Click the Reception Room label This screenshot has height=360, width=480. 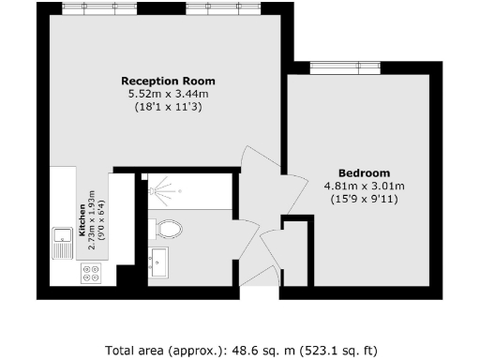point(164,81)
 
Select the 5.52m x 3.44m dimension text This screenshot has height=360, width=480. point(164,94)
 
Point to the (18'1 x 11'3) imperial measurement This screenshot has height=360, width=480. point(164,107)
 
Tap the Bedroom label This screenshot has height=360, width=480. point(363,172)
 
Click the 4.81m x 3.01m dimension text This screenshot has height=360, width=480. point(363,186)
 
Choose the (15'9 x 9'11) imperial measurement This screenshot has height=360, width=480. point(363,199)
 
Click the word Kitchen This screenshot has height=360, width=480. point(83,217)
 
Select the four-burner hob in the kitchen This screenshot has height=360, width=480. point(92,274)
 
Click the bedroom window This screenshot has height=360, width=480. point(344,67)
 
